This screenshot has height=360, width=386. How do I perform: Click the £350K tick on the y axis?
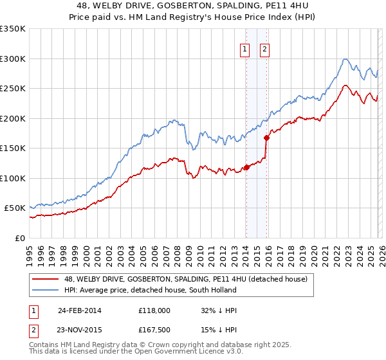coord(13,29)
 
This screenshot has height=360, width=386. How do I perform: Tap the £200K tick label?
coord(13,118)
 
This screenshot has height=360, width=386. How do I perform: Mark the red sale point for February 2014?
coord(246,168)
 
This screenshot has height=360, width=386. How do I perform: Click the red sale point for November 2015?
coord(266,138)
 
